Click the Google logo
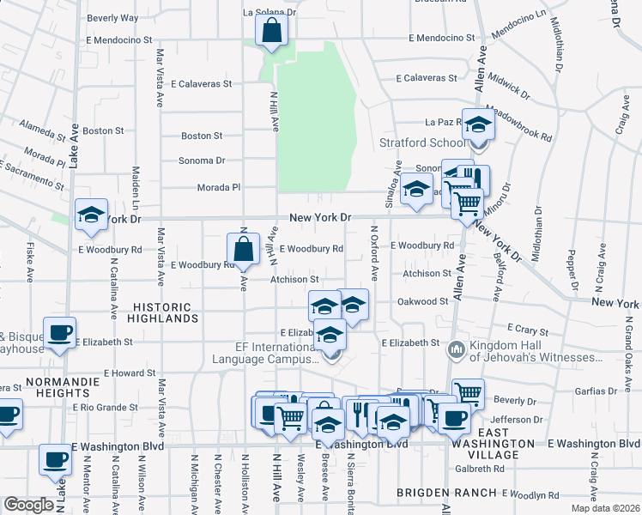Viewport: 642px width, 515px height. pyautogui.click(x=29, y=505)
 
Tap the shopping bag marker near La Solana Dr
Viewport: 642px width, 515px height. pyautogui.click(x=271, y=33)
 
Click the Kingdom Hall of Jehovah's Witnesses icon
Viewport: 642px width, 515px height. pyautogui.click(x=456, y=349)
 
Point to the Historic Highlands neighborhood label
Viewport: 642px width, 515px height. pyautogui.click(x=167, y=312)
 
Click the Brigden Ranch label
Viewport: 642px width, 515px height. pyautogui.click(x=446, y=493)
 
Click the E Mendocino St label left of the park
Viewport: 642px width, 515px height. pyautogui.click(x=118, y=39)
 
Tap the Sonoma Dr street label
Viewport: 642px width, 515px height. pyautogui.click(x=201, y=161)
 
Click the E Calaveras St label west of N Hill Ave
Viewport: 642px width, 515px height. pyautogui.click(x=202, y=84)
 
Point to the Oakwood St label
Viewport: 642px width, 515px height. pyautogui.click(x=422, y=301)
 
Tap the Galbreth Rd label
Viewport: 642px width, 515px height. pyautogui.click(x=481, y=469)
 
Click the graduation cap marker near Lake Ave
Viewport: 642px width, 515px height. pyautogui.click(x=90, y=216)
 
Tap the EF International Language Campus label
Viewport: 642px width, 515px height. pyautogui.click(x=266, y=353)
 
